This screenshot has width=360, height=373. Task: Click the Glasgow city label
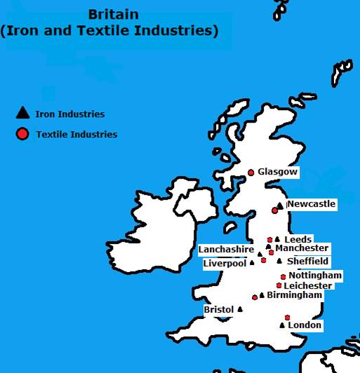click(278, 172)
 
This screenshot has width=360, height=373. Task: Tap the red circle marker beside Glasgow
click(251, 172)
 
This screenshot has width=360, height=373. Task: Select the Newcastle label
click(311, 204)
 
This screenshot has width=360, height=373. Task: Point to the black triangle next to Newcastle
click(280, 205)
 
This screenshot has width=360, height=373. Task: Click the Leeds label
click(298, 239)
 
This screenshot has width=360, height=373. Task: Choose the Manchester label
click(302, 248)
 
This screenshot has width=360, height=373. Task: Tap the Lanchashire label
click(226, 249)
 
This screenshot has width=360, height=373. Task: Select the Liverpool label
click(225, 264)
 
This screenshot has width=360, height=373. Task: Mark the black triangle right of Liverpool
click(252, 264)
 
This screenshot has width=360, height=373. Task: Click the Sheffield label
click(307, 262)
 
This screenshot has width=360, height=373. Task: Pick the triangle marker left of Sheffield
click(279, 262)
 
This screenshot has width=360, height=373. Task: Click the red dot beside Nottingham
click(283, 276)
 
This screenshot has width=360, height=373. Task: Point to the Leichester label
click(308, 286)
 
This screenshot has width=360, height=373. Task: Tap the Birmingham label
click(294, 295)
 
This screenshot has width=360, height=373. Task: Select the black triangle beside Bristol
click(240, 309)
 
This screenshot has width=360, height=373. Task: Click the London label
click(305, 325)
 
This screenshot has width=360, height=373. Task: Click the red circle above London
click(287, 317)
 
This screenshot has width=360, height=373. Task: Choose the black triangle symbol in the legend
click(22, 113)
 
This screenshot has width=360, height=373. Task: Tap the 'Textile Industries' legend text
click(76, 134)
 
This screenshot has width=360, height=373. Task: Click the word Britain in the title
click(114, 14)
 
